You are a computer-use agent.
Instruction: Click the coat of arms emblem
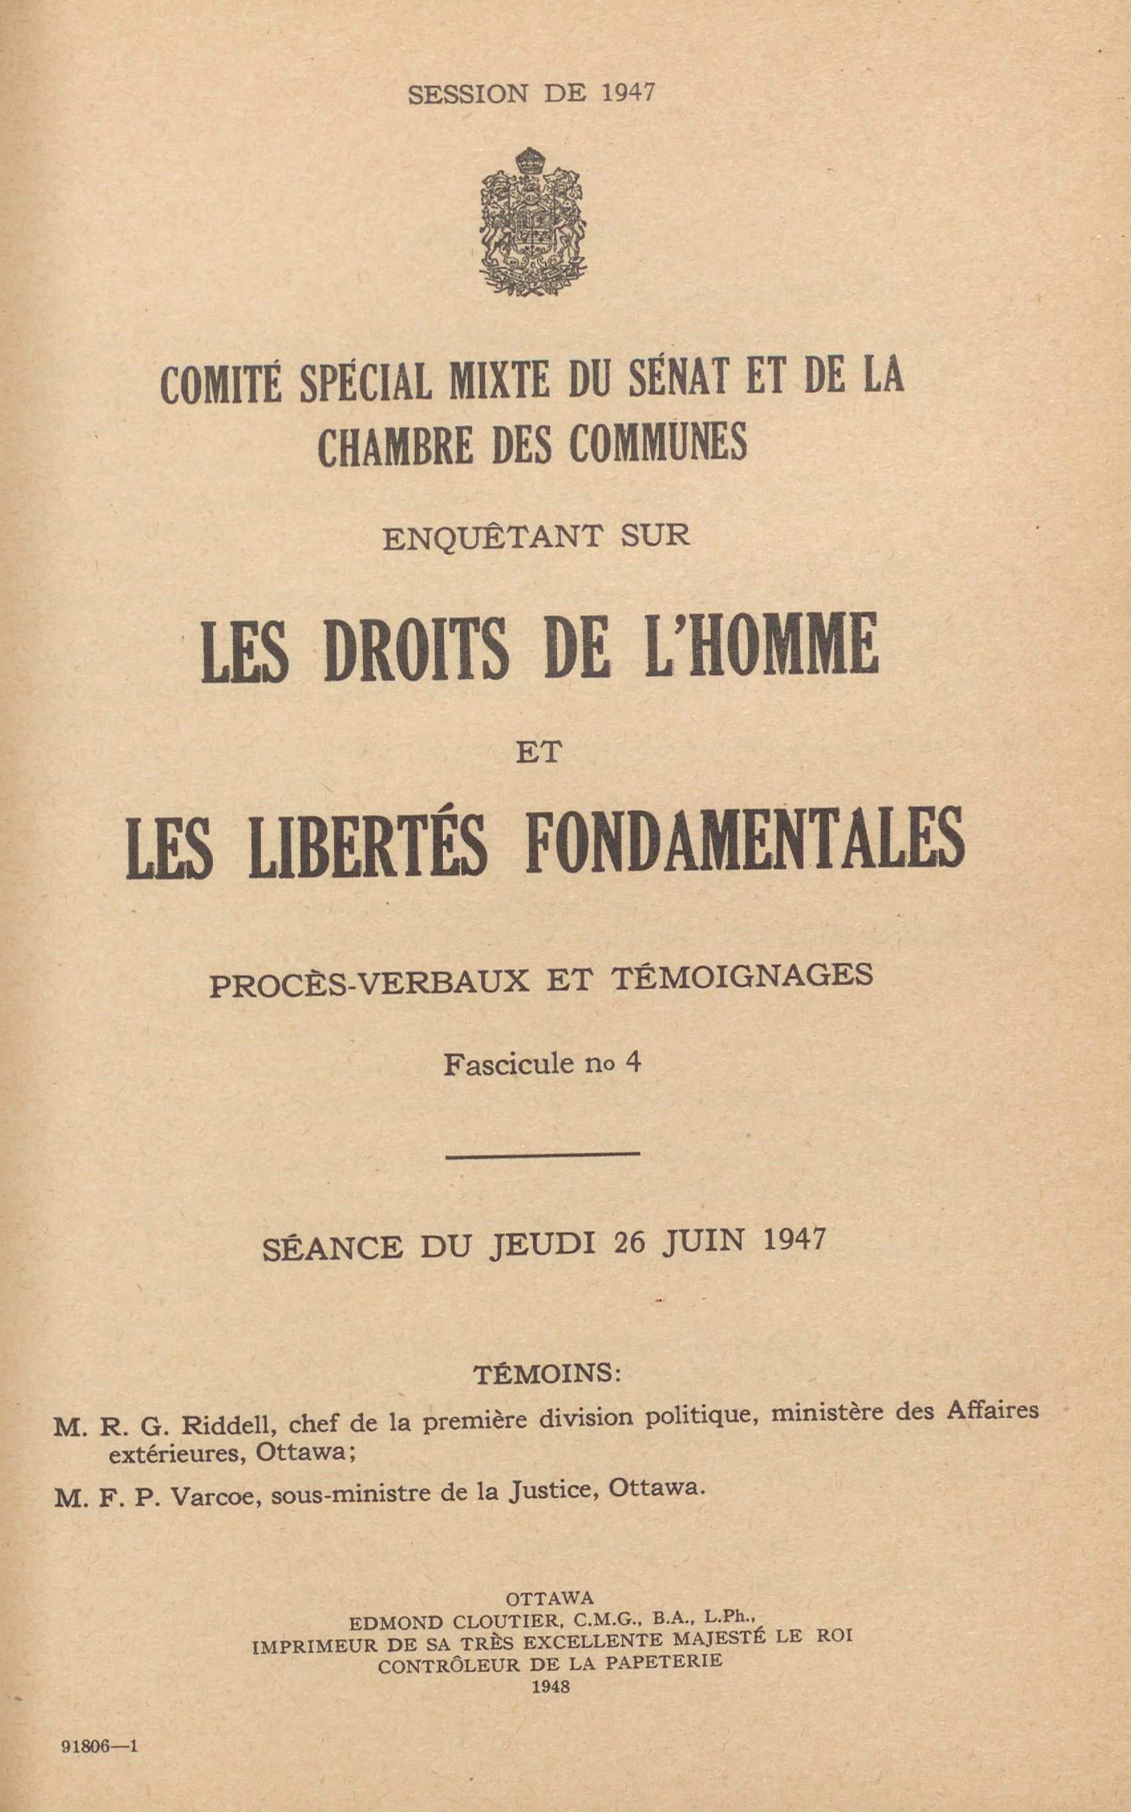(532, 222)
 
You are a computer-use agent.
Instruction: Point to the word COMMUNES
(658, 444)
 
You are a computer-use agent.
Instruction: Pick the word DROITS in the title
(417, 649)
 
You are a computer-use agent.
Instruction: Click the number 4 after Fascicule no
(633, 1063)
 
